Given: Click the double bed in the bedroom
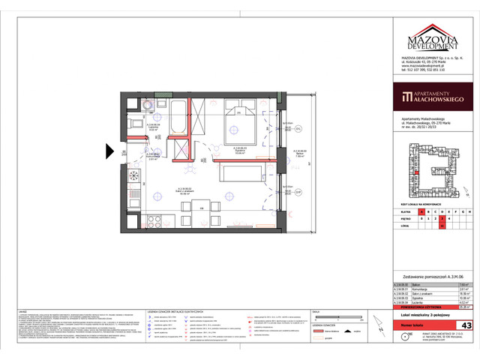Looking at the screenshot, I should [x=244, y=123].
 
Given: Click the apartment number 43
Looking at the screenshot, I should [x=466, y=325].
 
